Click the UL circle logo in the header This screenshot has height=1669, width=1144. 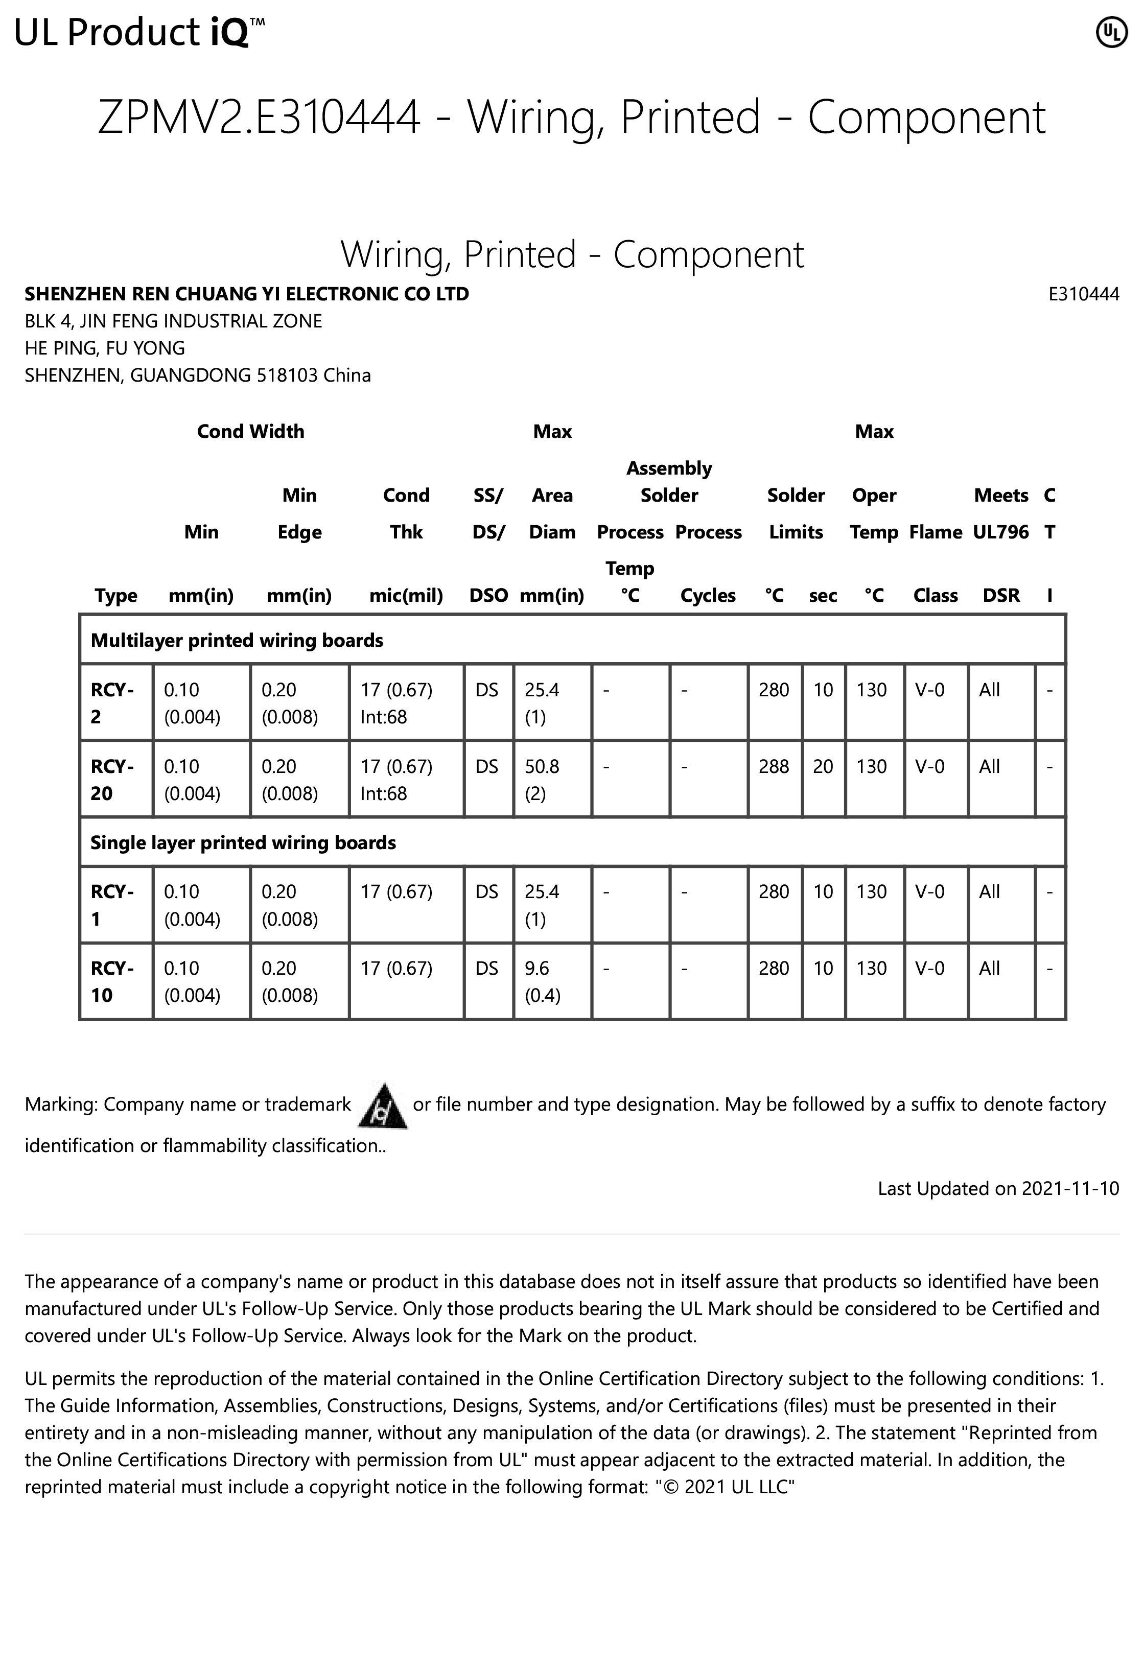1111,32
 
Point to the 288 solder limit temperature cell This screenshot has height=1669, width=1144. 774,766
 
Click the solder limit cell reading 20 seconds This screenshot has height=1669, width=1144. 823,766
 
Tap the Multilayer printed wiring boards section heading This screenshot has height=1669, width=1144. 237,640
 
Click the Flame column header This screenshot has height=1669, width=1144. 935,532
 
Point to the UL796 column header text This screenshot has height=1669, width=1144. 1000,532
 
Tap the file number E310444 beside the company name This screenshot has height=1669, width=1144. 1083,294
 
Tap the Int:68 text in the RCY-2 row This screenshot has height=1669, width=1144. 384,717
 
